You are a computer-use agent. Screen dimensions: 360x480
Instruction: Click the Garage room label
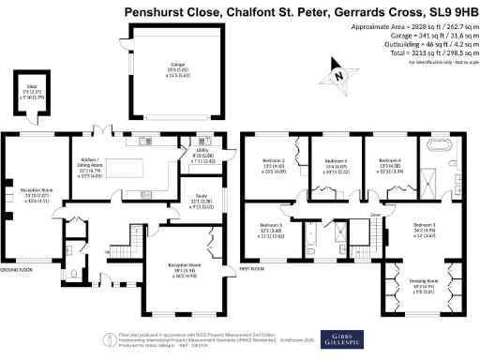coord(151,67)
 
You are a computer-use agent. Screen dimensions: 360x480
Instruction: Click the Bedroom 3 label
coord(271,228)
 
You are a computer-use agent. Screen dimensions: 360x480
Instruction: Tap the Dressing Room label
coord(424,283)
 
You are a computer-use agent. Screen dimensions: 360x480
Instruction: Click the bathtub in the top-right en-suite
coord(441,146)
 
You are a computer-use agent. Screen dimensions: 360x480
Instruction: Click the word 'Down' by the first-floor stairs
coord(374,214)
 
